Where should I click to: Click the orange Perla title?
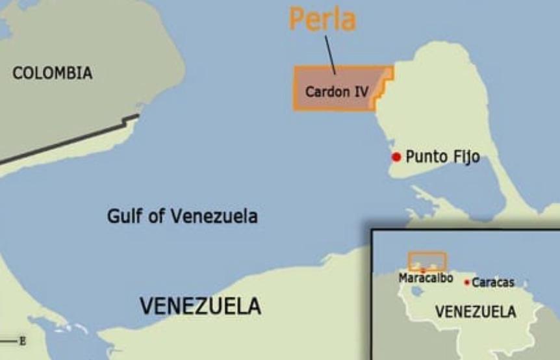[x=322, y=19]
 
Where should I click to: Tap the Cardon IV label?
[x=337, y=92]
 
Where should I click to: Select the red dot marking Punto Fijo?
[x=396, y=157]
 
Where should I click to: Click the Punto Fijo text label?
[x=442, y=157]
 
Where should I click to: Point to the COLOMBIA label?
[x=53, y=73]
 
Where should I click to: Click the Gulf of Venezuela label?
[x=182, y=216]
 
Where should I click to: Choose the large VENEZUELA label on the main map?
[x=200, y=305]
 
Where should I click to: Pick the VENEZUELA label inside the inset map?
[x=476, y=312]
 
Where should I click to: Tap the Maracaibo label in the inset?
[x=426, y=278]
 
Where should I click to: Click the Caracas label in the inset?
[x=493, y=283]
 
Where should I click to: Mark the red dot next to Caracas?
[x=467, y=282]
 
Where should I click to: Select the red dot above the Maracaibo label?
[x=423, y=270]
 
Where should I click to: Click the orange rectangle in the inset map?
[x=427, y=261]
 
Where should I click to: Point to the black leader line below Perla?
[x=330, y=55]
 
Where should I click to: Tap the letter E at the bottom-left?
[x=23, y=341]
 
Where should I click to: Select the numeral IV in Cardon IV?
[x=361, y=92]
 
